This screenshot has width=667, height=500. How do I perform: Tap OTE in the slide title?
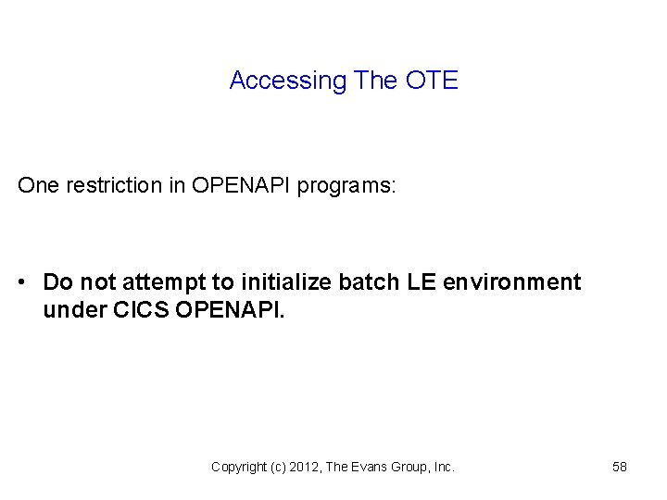click(432, 81)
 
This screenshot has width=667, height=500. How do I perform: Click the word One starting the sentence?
click(37, 185)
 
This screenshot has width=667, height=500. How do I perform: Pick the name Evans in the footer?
click(372, 468)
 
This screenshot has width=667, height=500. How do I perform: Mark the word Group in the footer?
click(413, 468)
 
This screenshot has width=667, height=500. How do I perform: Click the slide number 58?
click(620, 467)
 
